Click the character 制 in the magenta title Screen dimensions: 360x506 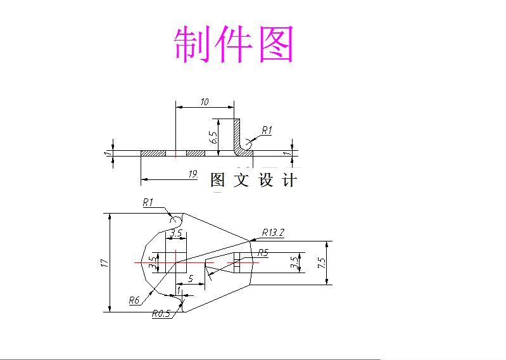tap(193, 44)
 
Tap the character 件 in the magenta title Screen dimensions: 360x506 tap(234, 44)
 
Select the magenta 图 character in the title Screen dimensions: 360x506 tap(276, 44)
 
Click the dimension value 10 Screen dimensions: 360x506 tap(205, 101)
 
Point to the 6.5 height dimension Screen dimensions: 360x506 tap(213, 135)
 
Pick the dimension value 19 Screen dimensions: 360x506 tap(193, 174)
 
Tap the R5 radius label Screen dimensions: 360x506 tap(263, 253)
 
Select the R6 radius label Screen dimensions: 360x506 tap(134, 300)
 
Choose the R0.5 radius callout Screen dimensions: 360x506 tap(161, 312)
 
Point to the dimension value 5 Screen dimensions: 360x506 tap(191, 278)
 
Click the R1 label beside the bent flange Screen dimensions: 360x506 tap(267, 130)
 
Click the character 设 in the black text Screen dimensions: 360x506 tap(266, 181)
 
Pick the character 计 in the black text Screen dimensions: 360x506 tap(289, 181)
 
